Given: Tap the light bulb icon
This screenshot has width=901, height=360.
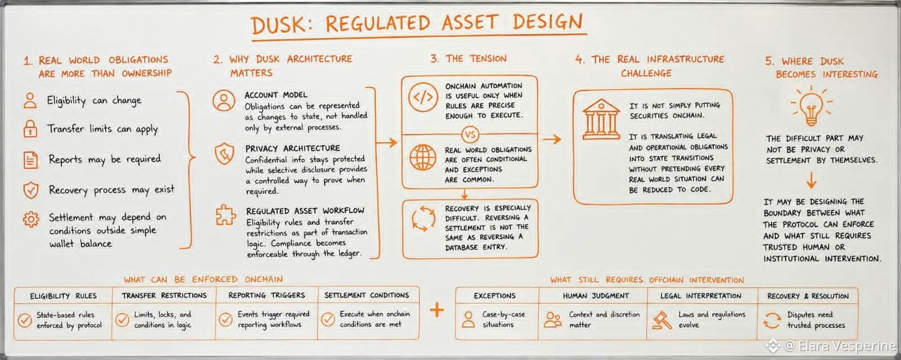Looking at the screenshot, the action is [x=811, y=106].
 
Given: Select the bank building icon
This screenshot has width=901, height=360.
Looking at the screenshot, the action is [x=601, y=119].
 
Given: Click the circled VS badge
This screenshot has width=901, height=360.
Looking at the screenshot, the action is [x=470, y=135].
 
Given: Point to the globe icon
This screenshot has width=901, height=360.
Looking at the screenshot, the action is [x=422, y=157].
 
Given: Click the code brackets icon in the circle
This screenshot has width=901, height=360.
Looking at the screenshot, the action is [x=423, y=97].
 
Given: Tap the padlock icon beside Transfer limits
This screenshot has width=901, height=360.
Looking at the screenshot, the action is [x=30, y=128].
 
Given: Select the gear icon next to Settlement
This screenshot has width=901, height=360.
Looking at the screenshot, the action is [x=31, y=219].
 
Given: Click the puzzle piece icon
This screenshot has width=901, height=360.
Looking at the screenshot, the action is [x=226, y=215].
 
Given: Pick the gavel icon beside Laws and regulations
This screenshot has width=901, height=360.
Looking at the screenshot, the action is [x=662, y=321].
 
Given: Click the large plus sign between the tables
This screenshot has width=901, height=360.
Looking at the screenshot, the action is [x=437, y=310].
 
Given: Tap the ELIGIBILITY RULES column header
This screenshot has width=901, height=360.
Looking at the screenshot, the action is [x=63, y=296].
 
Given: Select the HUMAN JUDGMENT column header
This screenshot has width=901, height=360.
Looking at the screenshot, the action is [x=596, y=296].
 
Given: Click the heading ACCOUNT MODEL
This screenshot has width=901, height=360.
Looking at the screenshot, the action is [x=276, y=95].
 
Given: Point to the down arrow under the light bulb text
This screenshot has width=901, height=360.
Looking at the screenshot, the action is [x=811, y=180].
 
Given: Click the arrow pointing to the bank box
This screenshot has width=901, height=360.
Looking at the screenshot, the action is [x=552, y=139].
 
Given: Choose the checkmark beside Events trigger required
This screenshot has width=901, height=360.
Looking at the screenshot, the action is [x=226, y=319].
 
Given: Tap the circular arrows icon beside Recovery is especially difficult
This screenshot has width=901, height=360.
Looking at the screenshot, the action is [x=423, y=219].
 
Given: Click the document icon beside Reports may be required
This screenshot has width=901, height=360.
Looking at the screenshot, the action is [x=30, y=159].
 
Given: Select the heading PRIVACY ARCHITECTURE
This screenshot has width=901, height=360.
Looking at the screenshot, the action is [x=293, y=148].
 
